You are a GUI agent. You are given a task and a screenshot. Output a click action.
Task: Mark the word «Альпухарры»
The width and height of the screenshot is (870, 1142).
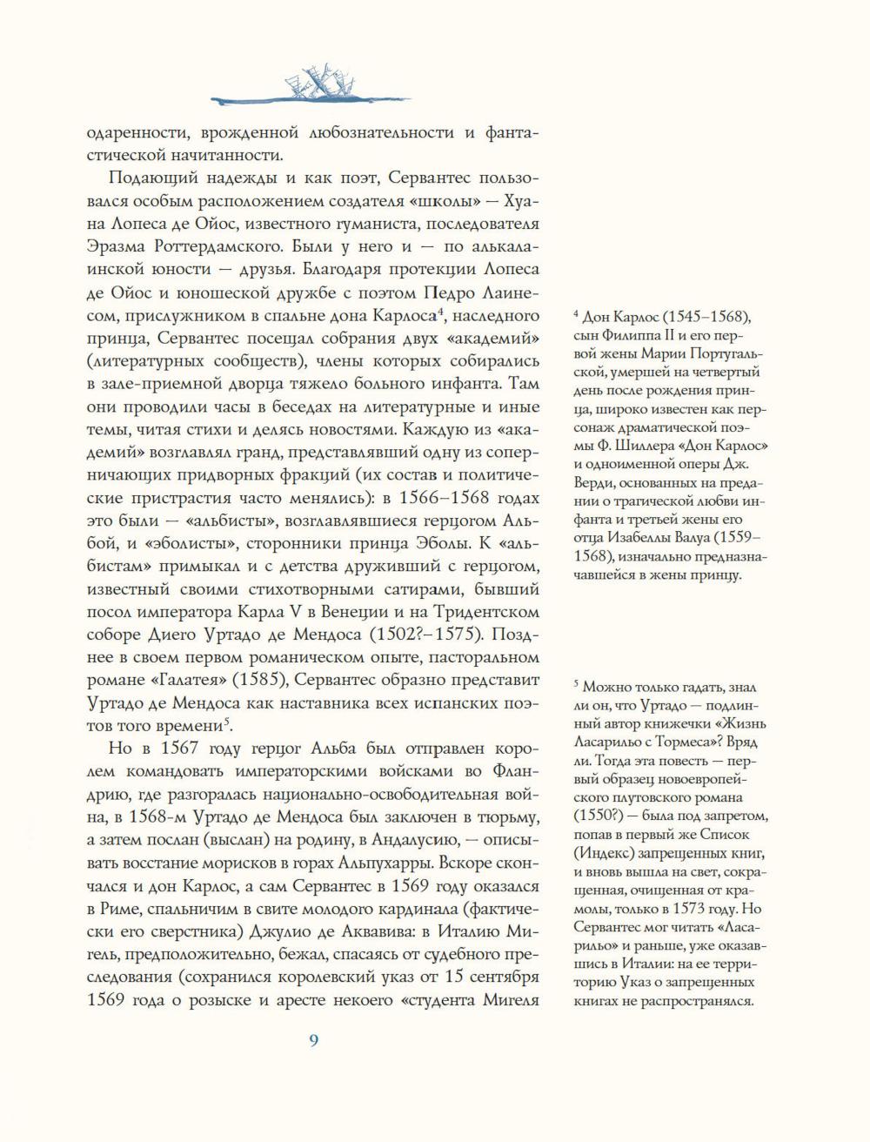pyautogui.click(x=390, y=861)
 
